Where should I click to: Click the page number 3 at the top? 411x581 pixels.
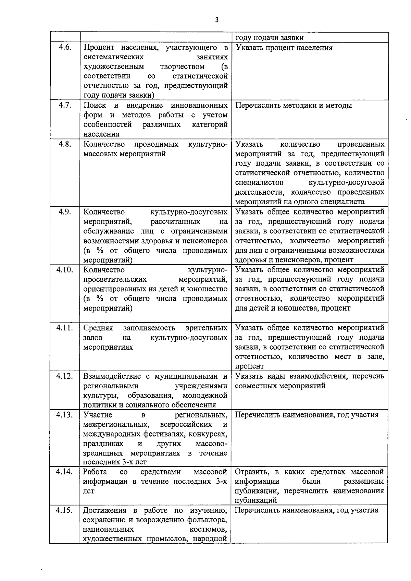pos(216,20)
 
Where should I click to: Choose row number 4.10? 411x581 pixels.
pos(64,270)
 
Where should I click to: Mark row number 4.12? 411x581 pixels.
pos(64,376)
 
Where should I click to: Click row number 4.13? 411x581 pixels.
pos(64,415)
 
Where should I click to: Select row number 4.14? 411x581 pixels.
pos(64,472)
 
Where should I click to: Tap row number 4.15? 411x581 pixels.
pos(64,510)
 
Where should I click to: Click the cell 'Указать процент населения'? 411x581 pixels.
pos(284,48)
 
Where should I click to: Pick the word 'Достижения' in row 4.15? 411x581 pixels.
pos(104,510)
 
